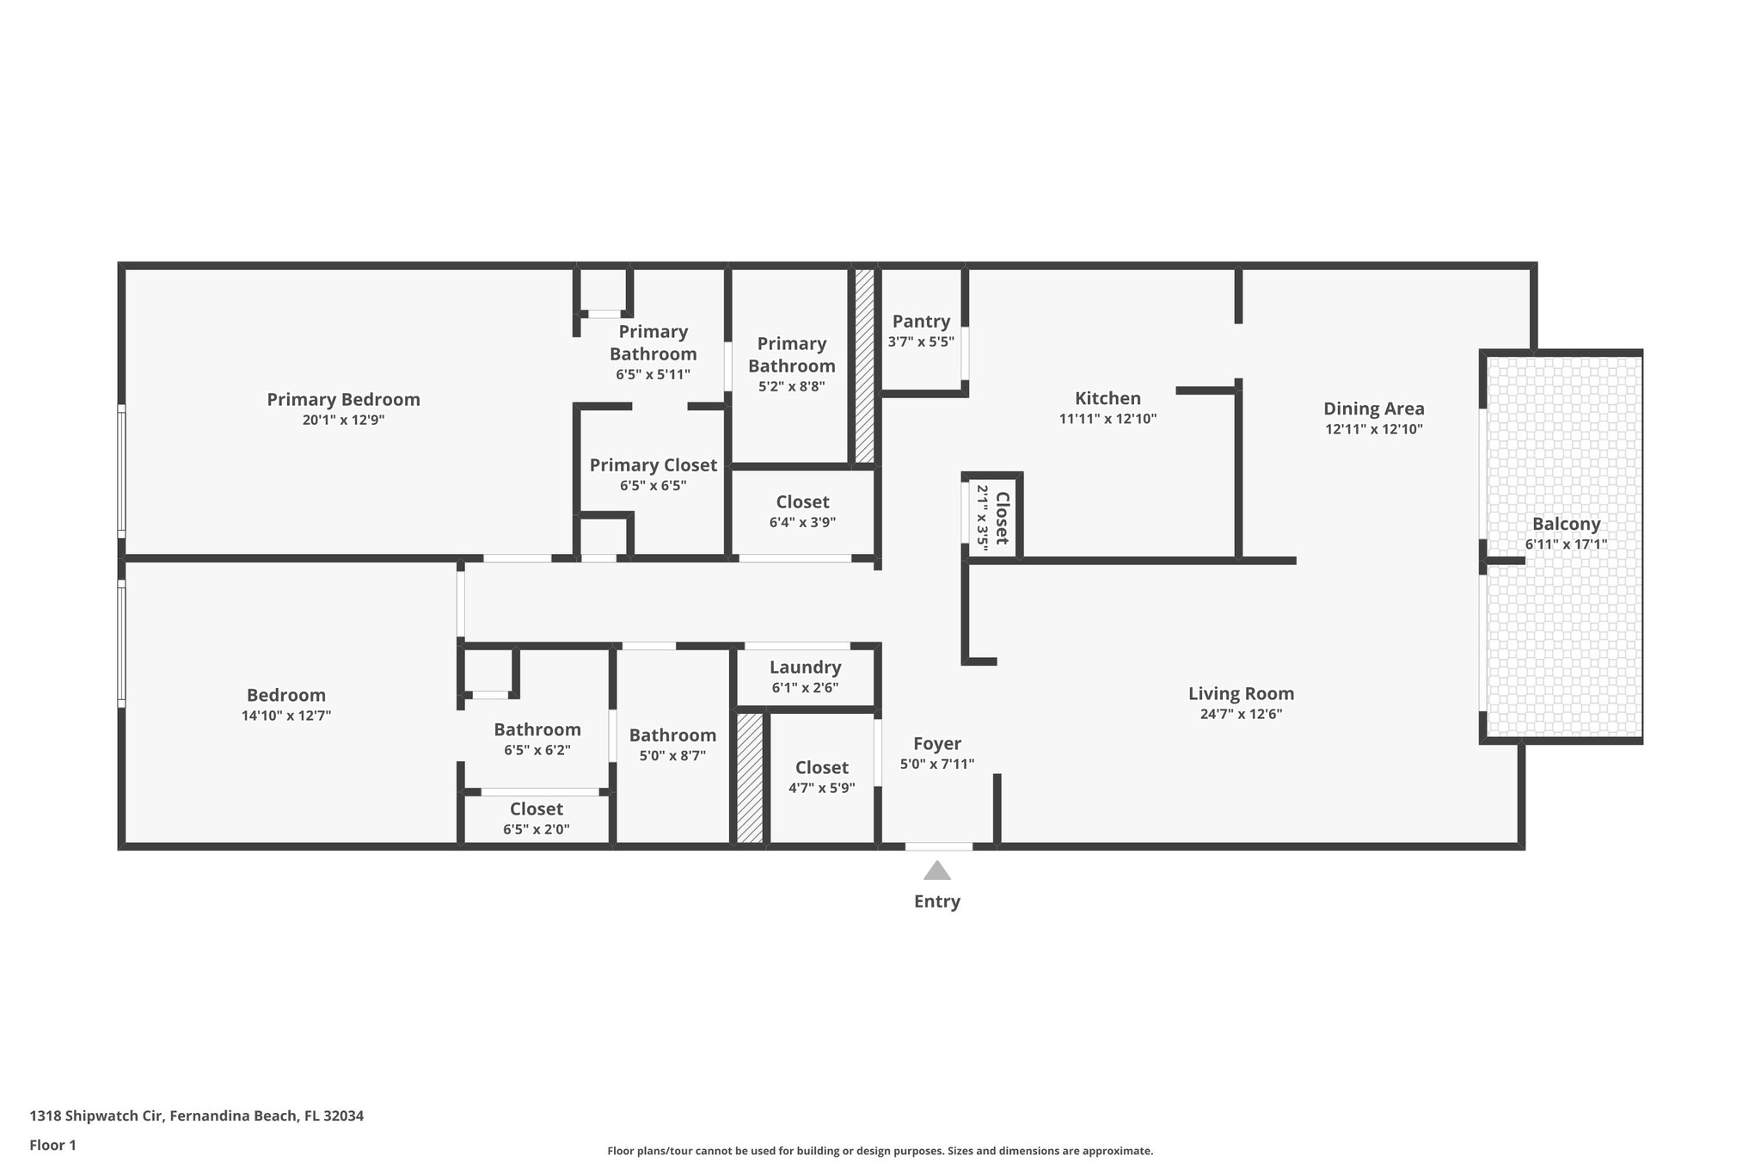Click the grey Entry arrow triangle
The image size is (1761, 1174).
(936, 871)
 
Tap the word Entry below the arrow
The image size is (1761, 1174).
(936, 901)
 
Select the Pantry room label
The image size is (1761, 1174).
(921, 322)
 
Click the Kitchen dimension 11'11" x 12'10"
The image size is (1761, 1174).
(1108, 419)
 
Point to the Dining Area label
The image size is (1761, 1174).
(1373, 409)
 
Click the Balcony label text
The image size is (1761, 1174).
(1566, 524)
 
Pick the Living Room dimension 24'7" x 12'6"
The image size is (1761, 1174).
(1241, 714)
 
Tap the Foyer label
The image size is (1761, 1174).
(936, 744)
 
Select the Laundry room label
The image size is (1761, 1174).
(805, 667)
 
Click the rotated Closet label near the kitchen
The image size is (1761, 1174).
(1002, 518)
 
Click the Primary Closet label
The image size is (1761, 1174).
(653, 465)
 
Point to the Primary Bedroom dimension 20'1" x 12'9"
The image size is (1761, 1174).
(343, 420)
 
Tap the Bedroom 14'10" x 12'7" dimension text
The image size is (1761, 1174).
(286, 716)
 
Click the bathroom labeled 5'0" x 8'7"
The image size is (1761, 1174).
(672, 745)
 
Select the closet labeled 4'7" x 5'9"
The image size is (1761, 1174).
(821, 777)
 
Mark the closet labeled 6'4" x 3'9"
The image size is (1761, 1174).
(802, 512)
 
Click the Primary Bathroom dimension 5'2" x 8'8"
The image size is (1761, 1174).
(791, 387)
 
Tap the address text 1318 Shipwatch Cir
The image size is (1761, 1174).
(99, 1116)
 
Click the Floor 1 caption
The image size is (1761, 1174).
(52, 1146)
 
